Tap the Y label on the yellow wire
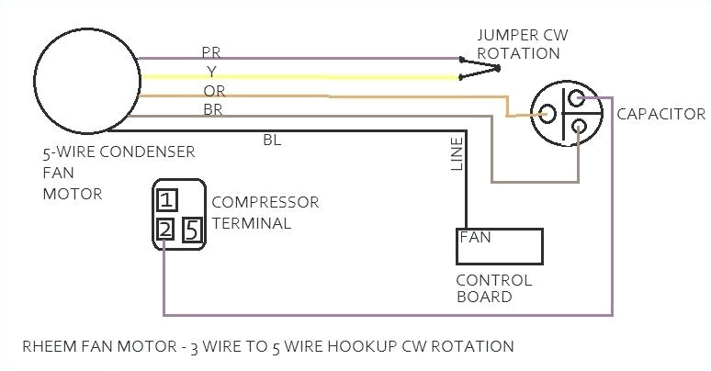point(212,71)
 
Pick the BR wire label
point(212,109)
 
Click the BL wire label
point(273,140)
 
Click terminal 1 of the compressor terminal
point(166,199)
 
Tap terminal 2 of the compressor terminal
point(165,230)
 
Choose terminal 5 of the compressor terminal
point(191,230)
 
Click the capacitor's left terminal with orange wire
point(547,114)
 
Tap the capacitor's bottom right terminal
point(578,128)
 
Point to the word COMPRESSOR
point(265,202)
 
